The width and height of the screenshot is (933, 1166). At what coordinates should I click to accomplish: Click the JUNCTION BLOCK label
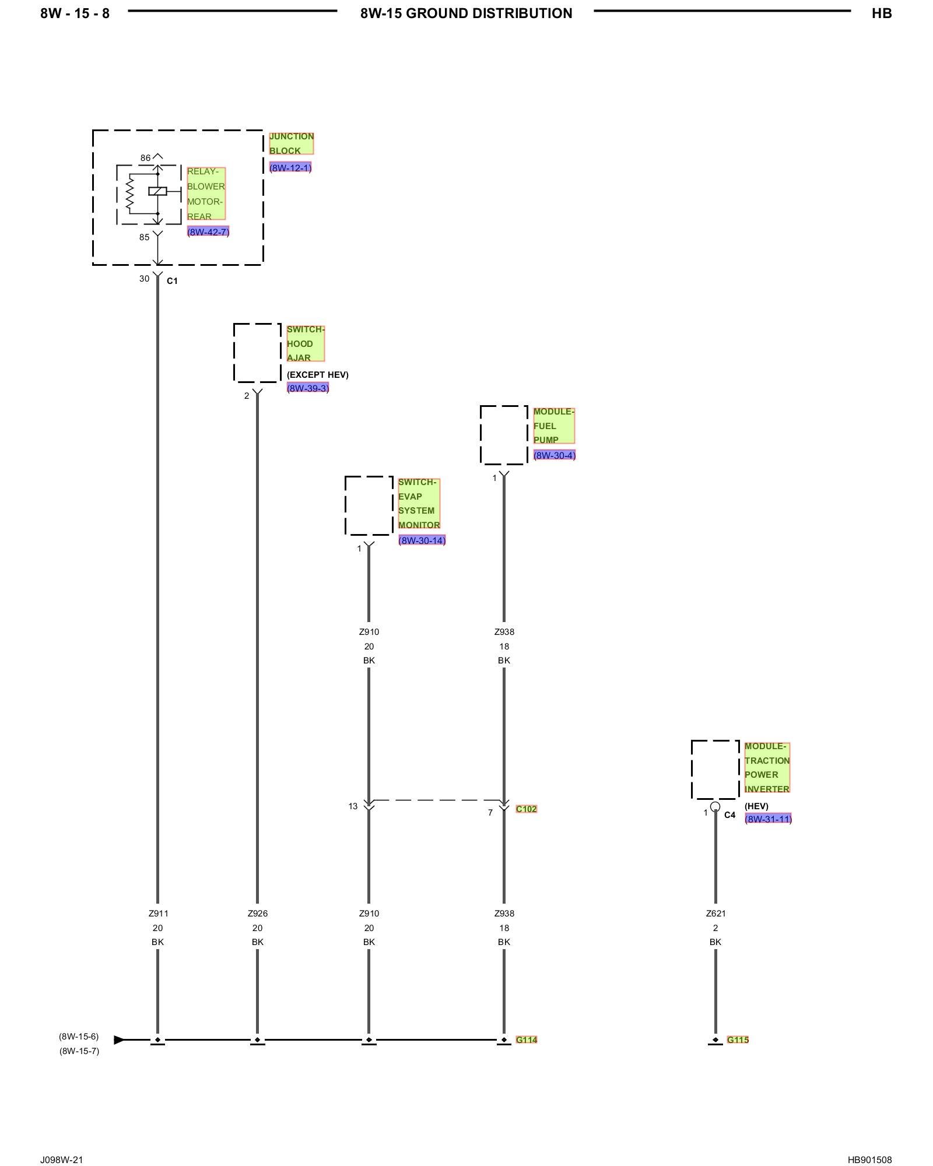pos(292,143)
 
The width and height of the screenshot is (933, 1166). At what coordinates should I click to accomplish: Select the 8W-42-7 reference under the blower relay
pos(208,232)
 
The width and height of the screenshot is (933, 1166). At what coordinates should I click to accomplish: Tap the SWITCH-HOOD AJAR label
pos(306,343)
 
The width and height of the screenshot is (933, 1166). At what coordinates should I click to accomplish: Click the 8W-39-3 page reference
pos(308,388)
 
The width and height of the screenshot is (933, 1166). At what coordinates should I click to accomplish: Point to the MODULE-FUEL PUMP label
pos(554,426)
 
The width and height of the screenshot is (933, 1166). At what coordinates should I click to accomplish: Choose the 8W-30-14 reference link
pos(422,540)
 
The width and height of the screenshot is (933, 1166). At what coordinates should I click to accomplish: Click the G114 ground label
pos(527,1039)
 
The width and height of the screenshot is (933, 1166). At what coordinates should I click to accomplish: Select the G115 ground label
pos(738,1039)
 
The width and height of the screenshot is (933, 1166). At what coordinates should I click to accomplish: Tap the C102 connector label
pos(527,809)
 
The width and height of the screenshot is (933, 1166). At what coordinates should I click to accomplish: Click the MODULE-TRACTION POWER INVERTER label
pos(767,767)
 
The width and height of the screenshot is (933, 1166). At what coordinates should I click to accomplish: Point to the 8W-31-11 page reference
pos(768,819)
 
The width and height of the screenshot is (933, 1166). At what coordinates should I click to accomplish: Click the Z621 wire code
pos(715,914)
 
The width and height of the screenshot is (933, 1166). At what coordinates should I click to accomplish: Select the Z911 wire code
pos(158,914)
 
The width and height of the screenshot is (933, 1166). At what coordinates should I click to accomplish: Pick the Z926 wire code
pos(258,914)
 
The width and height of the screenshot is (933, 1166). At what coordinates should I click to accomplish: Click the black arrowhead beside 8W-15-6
pos(119,1039)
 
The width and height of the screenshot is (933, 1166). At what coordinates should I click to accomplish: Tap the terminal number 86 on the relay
pos(145,158)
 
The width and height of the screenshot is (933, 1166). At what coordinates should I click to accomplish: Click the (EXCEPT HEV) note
pos(318,374)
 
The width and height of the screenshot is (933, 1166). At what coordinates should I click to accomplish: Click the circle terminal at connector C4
pos(715,807)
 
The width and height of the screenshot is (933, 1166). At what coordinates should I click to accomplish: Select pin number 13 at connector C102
pos(353,806)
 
